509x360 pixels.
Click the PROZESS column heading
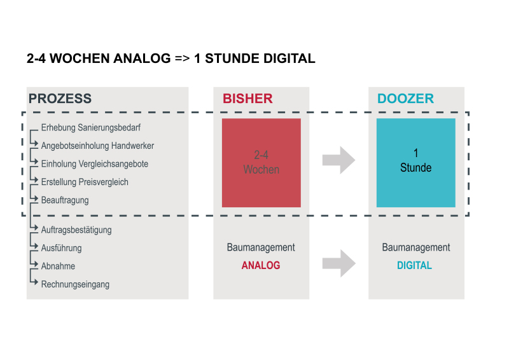(x=60, y=99)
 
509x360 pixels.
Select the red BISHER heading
(x=248, y=99)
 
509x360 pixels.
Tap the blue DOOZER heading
(x=405, y=99)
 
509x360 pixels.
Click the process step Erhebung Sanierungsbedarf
(x=90, y=128)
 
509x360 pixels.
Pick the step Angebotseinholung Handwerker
(x=97, y=146)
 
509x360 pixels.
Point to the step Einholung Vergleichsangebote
(x=94, y=164)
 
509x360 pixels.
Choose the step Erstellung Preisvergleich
(x=85, y=182)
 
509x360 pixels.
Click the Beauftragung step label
(x=65, y=200)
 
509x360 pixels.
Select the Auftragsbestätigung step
(x=76, y=230)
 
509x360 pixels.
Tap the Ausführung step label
(x=61, y=248)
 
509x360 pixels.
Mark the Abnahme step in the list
(x=58, y=267)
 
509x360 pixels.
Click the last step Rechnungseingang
(x=75, y=284)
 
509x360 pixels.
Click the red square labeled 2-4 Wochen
(x=261, y=163)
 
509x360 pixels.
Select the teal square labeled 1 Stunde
(x=416, y=163)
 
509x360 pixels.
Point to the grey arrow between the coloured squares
(x=338, y=160)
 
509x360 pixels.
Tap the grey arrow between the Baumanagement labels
(x=338, y=263)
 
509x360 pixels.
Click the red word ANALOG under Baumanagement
(x=261, y=265)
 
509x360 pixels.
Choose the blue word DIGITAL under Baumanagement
(x=415, y=265)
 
